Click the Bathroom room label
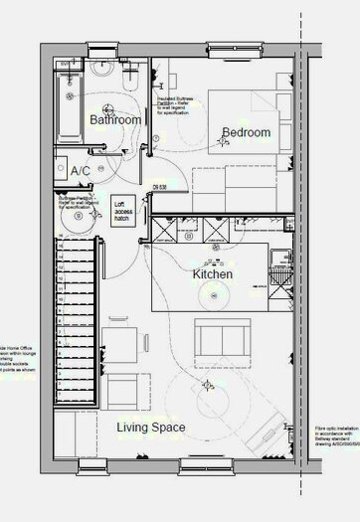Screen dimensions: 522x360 (x=114, y=119)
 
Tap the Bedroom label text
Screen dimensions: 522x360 (x=246, y=132)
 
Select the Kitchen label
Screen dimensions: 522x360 (x=212, y=274)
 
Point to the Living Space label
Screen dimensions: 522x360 (x=151, y=428)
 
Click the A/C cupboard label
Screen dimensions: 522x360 (x=81, y=172)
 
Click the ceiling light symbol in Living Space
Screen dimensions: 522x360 (x=207, y=384)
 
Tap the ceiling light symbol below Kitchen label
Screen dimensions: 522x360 (x=212, y=294)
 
